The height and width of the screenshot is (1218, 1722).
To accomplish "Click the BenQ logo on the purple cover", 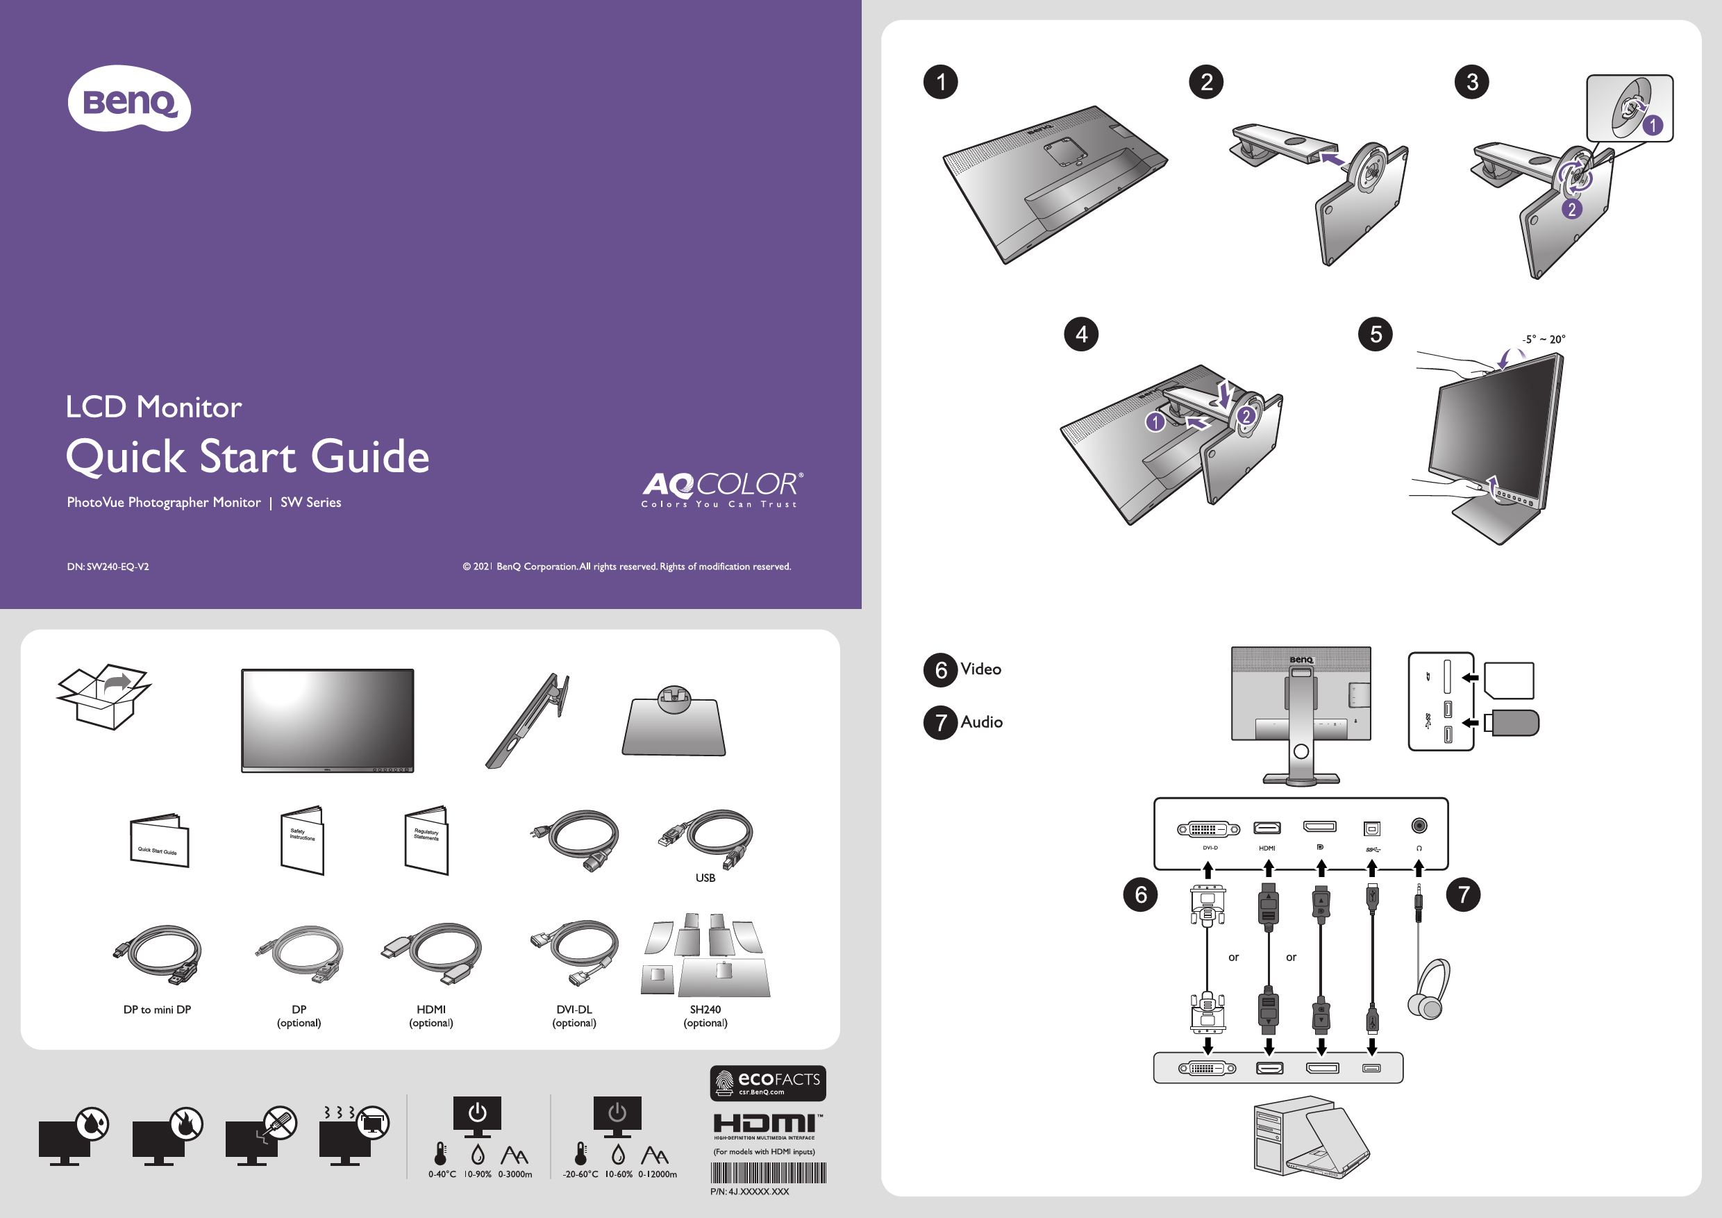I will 129,100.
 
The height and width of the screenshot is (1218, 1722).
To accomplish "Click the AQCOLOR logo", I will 721,489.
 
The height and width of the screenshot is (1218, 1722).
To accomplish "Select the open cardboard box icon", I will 103,696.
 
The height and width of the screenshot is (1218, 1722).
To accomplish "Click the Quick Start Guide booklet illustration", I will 159,842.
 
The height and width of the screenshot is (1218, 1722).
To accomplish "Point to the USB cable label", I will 705,878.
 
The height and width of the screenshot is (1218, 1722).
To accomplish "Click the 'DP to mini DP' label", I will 157,1010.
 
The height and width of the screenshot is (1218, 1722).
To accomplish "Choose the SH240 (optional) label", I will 705,1016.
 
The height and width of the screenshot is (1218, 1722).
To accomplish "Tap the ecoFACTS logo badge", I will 767,1083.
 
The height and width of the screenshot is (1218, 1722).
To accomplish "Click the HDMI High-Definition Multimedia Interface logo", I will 767,1126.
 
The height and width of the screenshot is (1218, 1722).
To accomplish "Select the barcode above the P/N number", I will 767,1172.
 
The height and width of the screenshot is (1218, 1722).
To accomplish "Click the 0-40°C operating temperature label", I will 442,1174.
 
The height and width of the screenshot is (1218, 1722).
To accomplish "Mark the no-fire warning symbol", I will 185,1123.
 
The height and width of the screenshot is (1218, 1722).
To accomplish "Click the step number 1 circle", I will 940,82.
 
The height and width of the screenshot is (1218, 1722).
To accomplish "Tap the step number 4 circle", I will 1080,335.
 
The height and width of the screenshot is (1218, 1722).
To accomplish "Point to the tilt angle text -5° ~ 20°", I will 1544,340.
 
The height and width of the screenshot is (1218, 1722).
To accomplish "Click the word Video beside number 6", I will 980,669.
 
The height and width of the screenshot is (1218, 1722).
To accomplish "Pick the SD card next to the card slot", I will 1508,681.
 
